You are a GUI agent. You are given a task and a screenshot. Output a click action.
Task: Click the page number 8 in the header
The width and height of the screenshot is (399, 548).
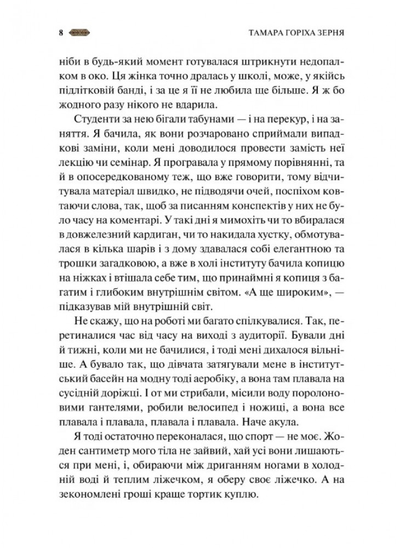tap(60, 32)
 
